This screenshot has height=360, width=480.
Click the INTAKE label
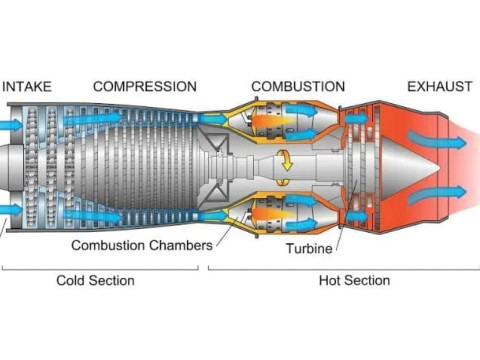click(x=27, y=87)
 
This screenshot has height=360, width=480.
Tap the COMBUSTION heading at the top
click(x=298, y=87)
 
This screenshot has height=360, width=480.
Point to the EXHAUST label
click(x=439, y=87)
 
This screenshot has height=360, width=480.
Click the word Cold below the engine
click(x=73, y=281)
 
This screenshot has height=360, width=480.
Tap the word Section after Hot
click(x=368, y=281)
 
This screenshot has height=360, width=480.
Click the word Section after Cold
click(x=112, y=281)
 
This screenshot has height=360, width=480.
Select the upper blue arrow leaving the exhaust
click(x=445, y=141)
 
